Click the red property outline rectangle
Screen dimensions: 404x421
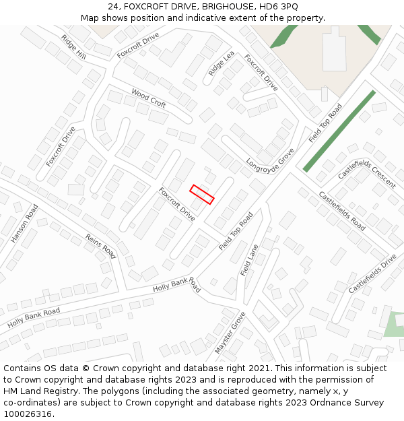coord(202,194)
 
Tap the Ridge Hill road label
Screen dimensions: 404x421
coord(73,47)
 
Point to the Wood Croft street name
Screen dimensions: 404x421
coord(149,98)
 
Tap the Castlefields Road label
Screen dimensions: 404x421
coord(342,212)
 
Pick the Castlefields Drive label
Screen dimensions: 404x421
coord(372,273)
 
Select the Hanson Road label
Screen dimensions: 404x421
coord(25,223)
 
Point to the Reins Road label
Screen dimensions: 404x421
coord(100,246)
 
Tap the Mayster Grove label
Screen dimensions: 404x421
coord(230,333)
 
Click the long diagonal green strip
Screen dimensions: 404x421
coord(339,131)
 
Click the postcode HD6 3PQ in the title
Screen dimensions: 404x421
coord(276,7)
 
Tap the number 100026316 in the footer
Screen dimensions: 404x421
coord(28,414)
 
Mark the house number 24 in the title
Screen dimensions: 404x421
coord(112,7)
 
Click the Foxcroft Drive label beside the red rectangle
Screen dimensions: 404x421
coord(177,204)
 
